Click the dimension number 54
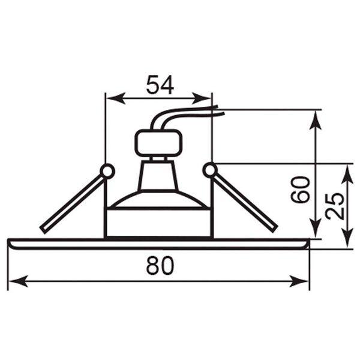click(x=160, y=85)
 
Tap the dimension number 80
click(x=160, y=265)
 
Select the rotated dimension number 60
click(x=300, y=190)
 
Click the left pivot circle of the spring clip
click(x=107, y=171)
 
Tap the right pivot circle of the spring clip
click(x=210, y=170)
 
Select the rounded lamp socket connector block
click(x=158, y=143)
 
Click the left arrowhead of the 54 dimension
click(x=116, y=98)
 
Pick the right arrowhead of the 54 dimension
click(x=202, y=98)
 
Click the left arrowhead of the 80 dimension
click(x=18, y=281)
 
